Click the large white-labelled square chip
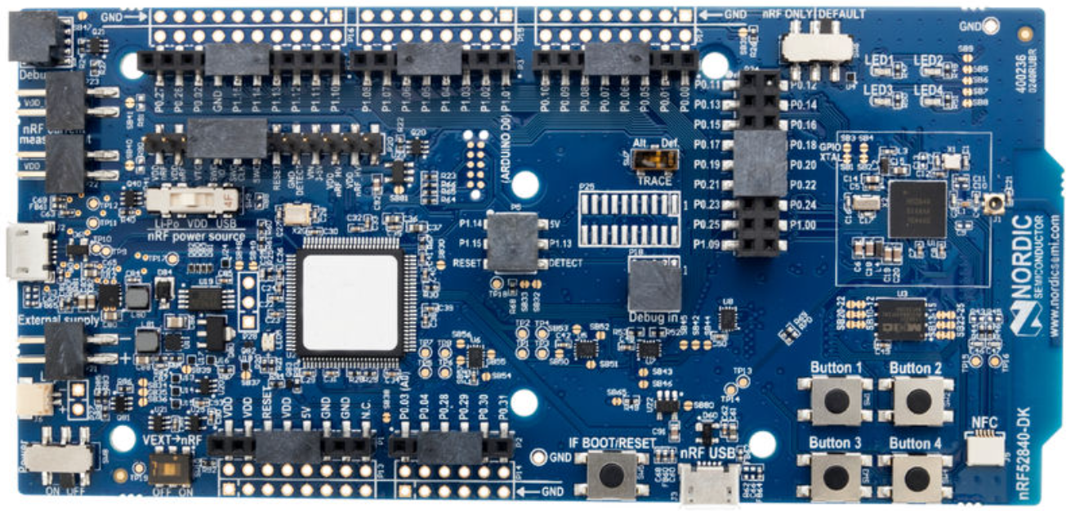tap(350, 302)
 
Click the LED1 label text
tap(880, 61)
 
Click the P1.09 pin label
tap(707, 244)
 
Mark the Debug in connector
tap(653, 286)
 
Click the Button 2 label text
tap(916, 369)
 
